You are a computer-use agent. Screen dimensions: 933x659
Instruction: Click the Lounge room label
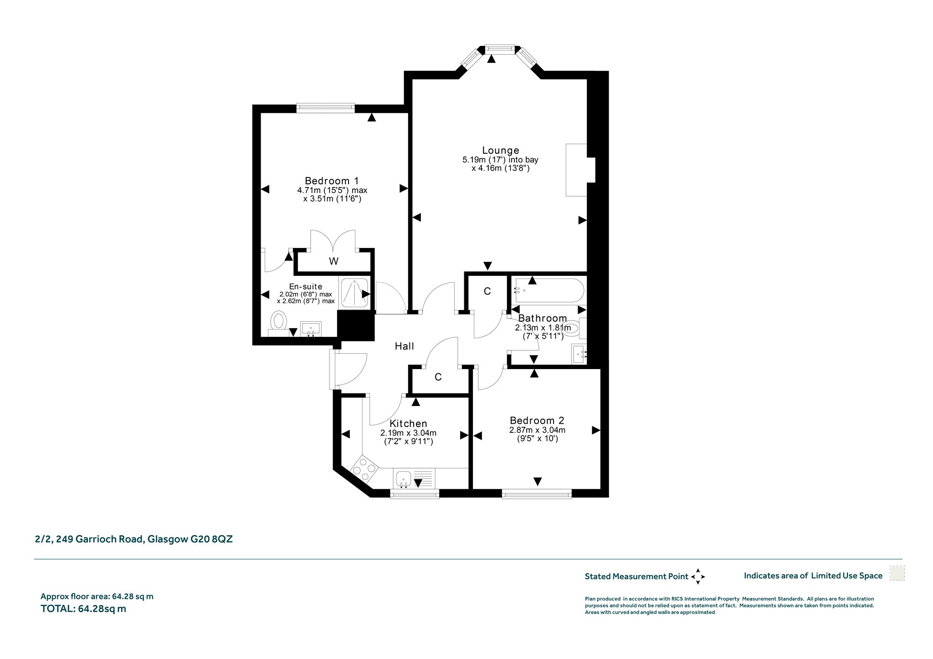point(501,150)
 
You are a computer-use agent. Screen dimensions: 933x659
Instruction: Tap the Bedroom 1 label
point(332,181)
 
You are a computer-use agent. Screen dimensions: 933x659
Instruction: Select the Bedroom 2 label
point(537,421)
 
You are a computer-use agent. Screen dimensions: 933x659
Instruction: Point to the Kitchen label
point(408,424)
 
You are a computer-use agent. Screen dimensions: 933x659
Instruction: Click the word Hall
point(405,346)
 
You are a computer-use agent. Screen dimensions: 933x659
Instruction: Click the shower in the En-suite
point(355,292)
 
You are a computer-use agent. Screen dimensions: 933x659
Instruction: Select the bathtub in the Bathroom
point(548,291)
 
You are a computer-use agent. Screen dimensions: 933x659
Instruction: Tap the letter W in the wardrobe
point(334,261)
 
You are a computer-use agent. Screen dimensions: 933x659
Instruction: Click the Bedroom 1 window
point(325,108)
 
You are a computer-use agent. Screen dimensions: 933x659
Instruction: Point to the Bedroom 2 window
point(537,494)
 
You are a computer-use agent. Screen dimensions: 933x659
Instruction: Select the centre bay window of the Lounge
point(500,48)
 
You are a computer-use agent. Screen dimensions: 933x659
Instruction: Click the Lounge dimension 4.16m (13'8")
point(501,168)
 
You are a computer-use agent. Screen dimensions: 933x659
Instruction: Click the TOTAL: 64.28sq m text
point(83,608)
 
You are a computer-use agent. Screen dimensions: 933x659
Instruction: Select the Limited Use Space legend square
point(897,573)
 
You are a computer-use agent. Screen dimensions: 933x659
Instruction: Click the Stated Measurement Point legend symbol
point(698,576)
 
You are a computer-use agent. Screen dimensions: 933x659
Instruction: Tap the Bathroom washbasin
point(579,354)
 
